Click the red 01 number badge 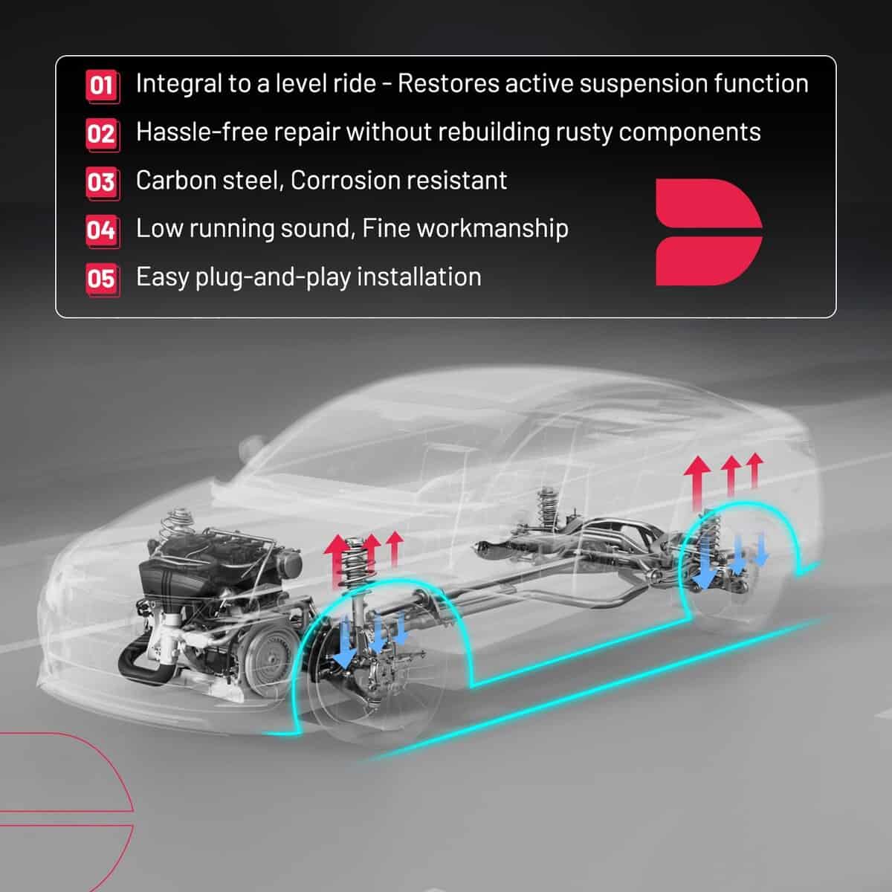(103, 86)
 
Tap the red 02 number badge (103, 135)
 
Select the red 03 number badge (103, 183)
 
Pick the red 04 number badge (103, 231)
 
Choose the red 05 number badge (103, 279)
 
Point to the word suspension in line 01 (642, 85)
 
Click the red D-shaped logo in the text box (708, 232)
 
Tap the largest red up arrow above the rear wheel (697, 484)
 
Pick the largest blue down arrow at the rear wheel (705, 563)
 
